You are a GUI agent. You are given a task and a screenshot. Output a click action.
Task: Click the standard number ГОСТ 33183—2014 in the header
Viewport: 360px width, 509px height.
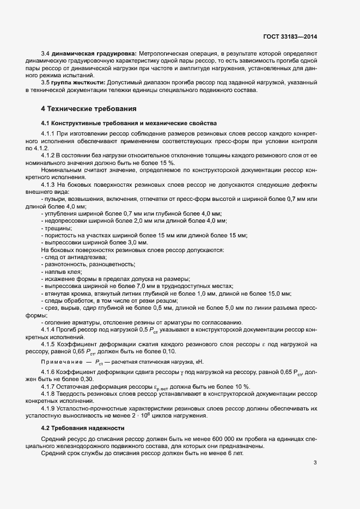coord(289,36)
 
